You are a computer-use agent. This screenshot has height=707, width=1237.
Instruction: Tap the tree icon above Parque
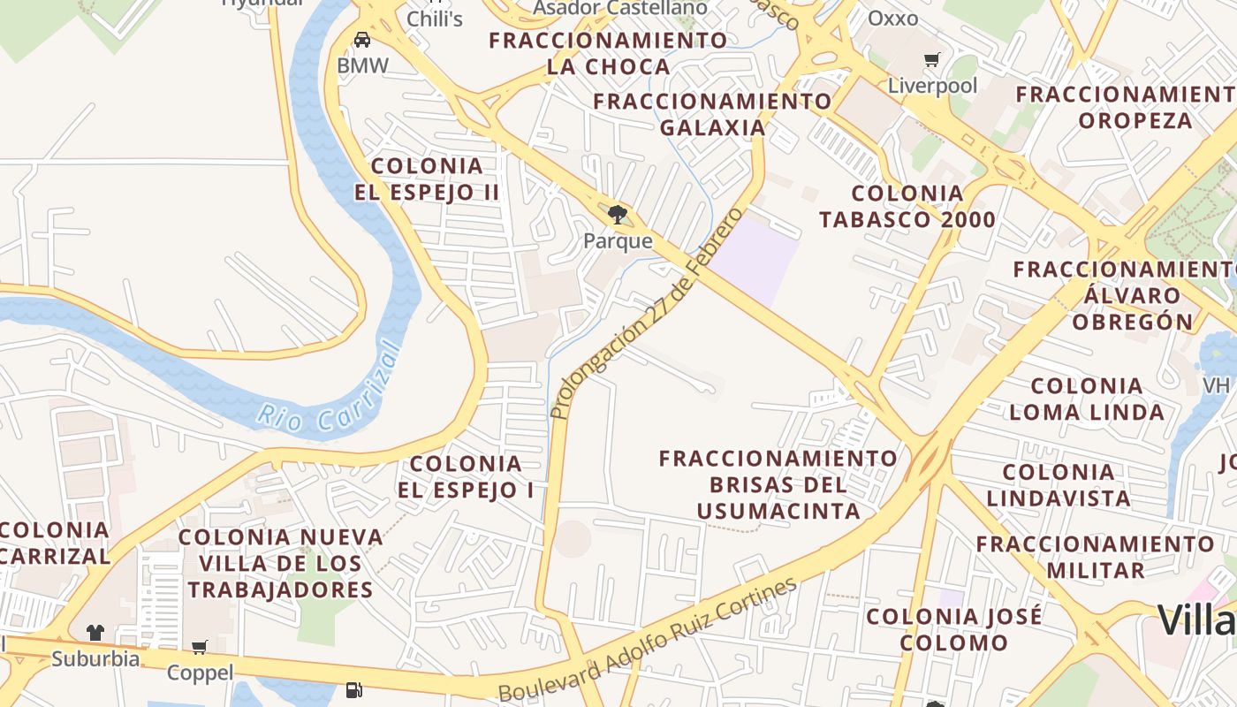point(618,214)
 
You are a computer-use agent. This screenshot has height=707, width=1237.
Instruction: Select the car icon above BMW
point(361,39)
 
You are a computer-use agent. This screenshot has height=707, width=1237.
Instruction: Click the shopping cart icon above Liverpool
point(931,60)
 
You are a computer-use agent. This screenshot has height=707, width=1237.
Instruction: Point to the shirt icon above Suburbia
point(95,633)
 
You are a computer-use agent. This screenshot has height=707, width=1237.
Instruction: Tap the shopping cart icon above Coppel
point(200,648)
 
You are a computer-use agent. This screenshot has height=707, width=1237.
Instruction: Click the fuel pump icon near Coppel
point(354,688)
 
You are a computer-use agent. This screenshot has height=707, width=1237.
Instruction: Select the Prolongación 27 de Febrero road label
point(646,314)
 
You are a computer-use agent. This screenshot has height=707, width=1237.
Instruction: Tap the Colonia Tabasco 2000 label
point(907,206)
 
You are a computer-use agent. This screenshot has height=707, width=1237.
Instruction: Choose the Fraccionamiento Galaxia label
point(712,114)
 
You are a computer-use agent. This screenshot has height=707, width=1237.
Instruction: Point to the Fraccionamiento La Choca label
point(608,53)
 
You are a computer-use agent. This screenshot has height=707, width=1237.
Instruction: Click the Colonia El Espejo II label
point(428,179)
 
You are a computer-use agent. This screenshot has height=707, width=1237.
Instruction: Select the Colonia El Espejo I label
point(467,476)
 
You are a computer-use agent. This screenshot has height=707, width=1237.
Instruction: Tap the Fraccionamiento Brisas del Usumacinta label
point(778,484)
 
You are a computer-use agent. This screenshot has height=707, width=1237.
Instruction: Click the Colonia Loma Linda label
point(1087,399)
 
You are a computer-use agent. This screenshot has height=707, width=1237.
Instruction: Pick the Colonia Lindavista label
point(1059,485)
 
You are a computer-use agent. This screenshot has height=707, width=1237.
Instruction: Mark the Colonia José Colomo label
point(954,629)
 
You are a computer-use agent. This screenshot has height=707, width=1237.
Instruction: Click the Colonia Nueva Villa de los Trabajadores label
point(281,563)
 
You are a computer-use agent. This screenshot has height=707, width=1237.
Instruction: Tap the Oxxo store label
point(892,19)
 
